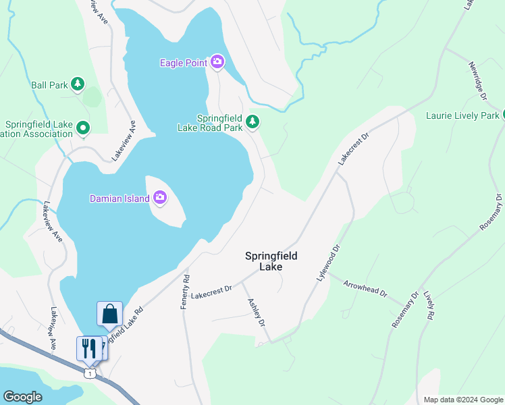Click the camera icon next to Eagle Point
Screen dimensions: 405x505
coord(217,63)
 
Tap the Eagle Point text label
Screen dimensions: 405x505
coord(184,63)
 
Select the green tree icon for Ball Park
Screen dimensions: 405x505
coord(79,84)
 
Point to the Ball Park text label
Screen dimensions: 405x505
coord(50,85)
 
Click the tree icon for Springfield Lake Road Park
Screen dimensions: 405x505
coord(252,122)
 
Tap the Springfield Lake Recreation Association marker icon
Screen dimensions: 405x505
coord(83,127)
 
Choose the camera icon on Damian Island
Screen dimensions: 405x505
coord(160,197)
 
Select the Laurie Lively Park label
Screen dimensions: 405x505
coord(462,115)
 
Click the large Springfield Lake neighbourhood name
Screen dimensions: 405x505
coord(271,261)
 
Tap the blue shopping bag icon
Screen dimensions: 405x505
coord(109,314)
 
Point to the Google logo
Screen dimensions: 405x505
coord(22,397)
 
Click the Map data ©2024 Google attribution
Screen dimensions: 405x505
coord(463,400)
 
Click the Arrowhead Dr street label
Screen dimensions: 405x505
coord(365,288)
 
